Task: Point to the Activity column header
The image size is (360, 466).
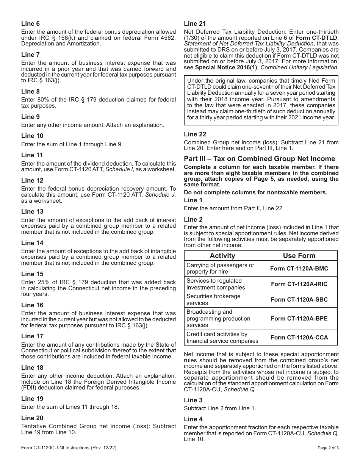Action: [222, 256]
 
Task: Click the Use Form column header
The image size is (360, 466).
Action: [299, 256]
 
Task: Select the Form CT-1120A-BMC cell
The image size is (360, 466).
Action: [299, 269]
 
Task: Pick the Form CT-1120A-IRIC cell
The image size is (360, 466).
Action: [299, 284]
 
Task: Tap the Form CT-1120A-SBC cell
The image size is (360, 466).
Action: [299, 300]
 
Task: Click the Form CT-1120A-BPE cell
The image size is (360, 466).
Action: [299, 318]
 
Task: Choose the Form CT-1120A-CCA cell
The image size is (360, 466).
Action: [299, 337]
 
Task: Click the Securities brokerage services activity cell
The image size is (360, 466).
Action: [213, 300]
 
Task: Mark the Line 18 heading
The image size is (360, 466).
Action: [32, 367]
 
